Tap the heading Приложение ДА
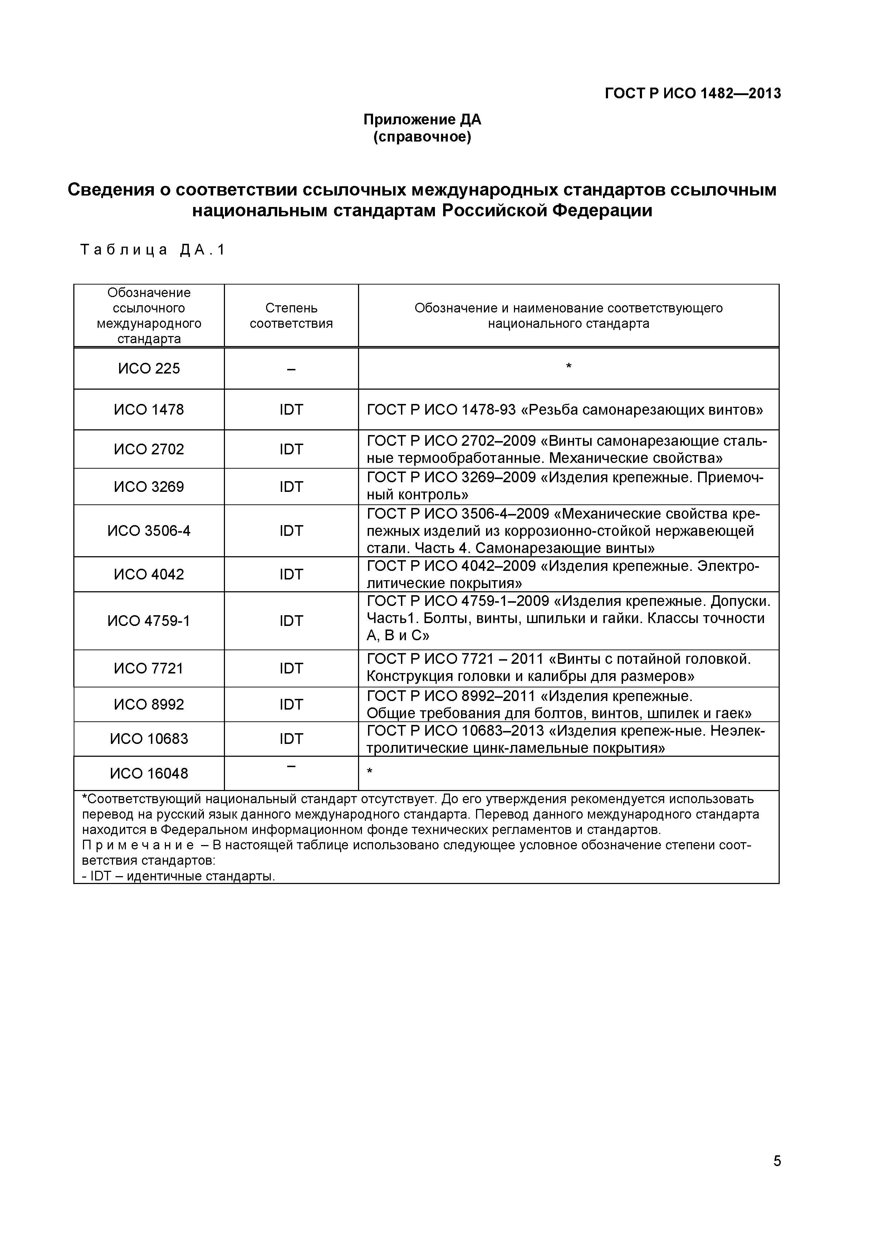tap(422, 120)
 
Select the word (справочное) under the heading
tap(422, 137)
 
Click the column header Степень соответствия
tap(291, 316)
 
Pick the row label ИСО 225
tap(149, 369)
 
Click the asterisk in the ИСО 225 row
tap(568, 366)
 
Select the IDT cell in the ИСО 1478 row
tap(291, 410)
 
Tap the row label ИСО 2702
tap(149, 449)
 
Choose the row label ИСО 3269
tap(149, 487)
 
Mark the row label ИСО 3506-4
tap(149, 531)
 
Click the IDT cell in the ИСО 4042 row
tap(291, 574)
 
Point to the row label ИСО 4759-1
tap(149, 621)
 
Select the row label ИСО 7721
tap(149, 668)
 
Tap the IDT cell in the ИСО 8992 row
tap(291, 705)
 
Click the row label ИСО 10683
tap(149, 739)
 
